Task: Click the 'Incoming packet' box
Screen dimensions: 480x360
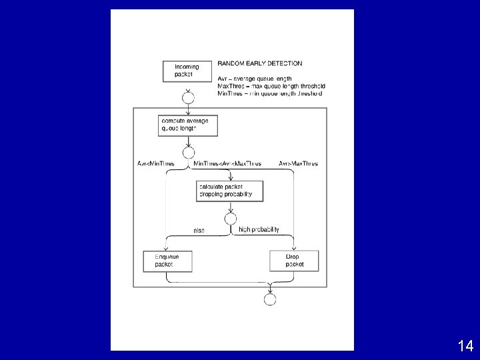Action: pos(187,71)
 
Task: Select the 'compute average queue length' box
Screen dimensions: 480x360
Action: pos(188,125)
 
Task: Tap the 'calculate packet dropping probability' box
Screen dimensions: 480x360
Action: pos(229,191)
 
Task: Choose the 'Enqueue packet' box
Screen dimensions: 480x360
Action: pos(167,260)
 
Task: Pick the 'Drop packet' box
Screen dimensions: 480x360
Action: pos(294,260)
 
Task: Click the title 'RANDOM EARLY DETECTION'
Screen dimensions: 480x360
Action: pos(259,64)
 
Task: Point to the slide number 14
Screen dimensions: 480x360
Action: pos(465,345)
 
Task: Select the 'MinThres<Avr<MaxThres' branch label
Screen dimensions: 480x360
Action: pos(227,163)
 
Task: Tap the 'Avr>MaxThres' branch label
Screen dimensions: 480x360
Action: pos(298,163)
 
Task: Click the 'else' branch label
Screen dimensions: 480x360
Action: pos(199,231)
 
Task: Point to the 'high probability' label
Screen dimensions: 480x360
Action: pos(259,229)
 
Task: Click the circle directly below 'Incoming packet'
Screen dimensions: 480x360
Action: pos(188,98)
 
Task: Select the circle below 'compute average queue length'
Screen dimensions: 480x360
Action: pos(188,152)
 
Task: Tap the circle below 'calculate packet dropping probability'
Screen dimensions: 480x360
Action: pos(230,219)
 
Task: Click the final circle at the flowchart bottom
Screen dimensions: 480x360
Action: pos(269,299)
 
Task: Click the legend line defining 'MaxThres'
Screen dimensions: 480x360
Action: pos(271,86)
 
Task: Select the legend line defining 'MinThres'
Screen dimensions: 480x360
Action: pos(269,93)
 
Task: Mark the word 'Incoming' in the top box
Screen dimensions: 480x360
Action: pos(186,67)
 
